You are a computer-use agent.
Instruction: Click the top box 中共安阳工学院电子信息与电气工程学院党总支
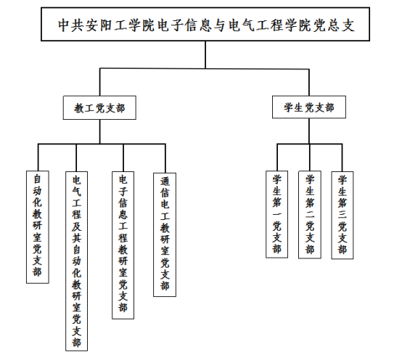pyautogui.click(x=205, y=24)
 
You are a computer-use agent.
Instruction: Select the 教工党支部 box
pyautogui.click(x=99, y=107)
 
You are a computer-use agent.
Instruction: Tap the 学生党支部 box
pyautogui.click(x=309, y=107)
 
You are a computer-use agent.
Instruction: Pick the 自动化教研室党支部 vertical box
pyautogui.click(x=38, y=227)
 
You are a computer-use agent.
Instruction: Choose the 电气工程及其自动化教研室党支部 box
pyautogui.click(x=76, y=261)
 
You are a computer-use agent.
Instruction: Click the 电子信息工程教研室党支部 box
pyautogui.click(x=123, y=245)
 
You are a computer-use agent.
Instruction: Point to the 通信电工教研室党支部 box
pyautogui.click(x=165, y=234)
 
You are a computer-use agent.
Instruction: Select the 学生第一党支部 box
pyautogui.click(x=276, y=214)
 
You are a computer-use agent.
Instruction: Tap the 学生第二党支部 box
pyautogui.click(x=310, y=215)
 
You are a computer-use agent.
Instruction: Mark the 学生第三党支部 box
pyautogui.click(x=342, y=215)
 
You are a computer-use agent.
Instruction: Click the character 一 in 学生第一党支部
pyautogui.click(x=276, y=214)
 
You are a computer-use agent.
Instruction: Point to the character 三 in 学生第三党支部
pyautogui.click(x=342, y=214)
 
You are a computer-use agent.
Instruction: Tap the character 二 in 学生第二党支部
pyautogui.click(x=310, y=214)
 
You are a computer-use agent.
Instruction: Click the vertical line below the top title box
pyautogui.click(x=205, y=54)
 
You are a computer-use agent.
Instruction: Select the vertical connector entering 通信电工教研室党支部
pyautogui.click(x=165, y=158)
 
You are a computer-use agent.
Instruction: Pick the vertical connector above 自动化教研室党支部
pyautogui.click(x=38, y=157)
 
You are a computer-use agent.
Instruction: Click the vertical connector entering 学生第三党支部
pyautogui.click(x=342, y=157)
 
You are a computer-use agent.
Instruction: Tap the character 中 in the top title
pyautogui.click(x=63, y=25)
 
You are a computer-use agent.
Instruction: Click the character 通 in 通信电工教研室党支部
pyautogui.click(x=165, y=181)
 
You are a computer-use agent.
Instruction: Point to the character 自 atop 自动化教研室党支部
pyautogui.click(x=38, y=179)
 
